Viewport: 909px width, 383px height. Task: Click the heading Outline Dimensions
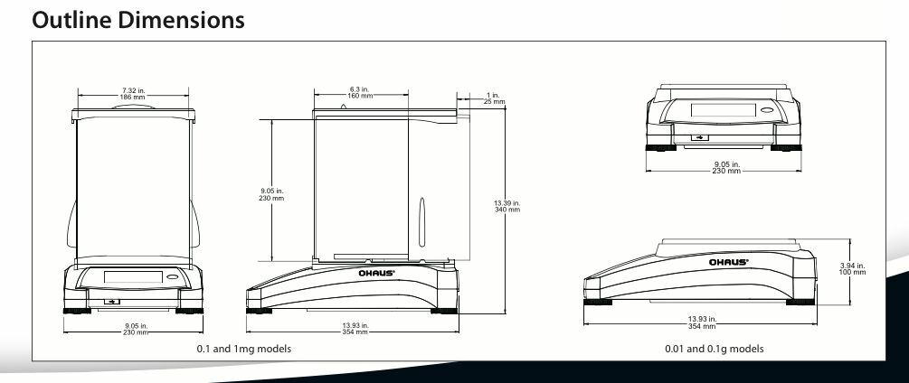(138, 20)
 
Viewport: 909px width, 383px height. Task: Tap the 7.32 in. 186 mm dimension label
(133, 94)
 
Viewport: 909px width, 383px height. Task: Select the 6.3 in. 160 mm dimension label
(360, 92)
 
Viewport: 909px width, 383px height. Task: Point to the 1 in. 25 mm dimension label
(494, 98)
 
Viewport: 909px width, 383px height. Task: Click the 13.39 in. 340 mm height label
(507, 206)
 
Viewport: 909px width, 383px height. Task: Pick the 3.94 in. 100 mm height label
(852, 268)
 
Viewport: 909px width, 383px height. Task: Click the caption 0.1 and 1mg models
(243, 349)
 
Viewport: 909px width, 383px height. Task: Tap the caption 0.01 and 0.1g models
(715, 349)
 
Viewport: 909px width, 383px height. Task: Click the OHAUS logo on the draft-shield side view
(376, 273)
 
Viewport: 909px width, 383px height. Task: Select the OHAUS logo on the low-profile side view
(729, 262)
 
